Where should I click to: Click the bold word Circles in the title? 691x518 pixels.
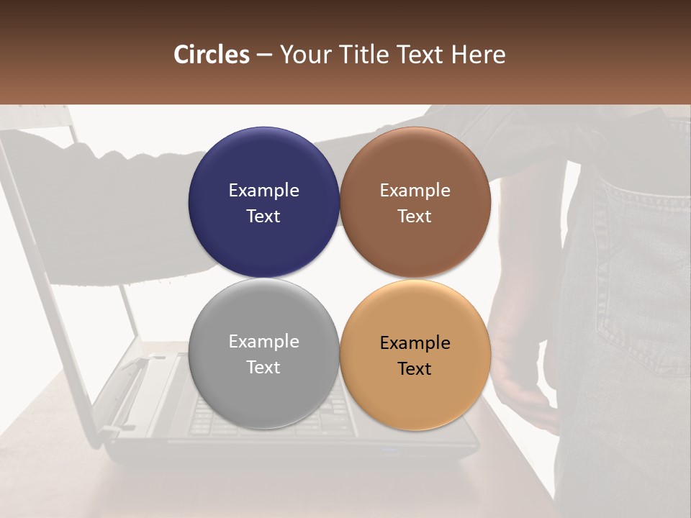click(212, 55)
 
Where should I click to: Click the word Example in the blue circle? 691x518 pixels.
click(263, 191)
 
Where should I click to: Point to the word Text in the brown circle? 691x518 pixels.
click(415, 217)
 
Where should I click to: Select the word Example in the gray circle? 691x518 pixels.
click(263, 342)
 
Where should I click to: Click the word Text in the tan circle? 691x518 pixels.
click(415, 369)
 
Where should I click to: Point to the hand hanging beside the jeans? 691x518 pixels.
click(522, 392)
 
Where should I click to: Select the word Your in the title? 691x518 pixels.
click(305, 55)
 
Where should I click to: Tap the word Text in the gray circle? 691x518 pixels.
click(263, 368)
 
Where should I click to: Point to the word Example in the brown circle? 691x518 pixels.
click(415, 191)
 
